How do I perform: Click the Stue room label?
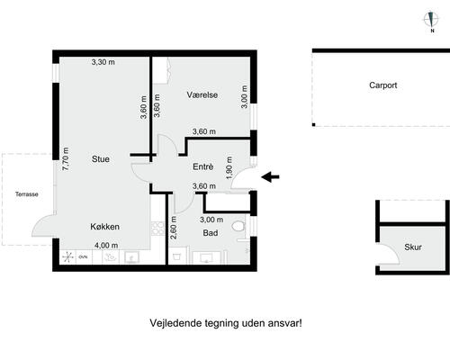(101, 159)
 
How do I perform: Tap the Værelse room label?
(202, 94)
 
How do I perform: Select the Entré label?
(203, 166)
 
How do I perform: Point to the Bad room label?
(211, 233)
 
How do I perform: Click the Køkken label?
(105, 227)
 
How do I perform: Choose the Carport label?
(383, 85)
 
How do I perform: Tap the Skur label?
(413, 247)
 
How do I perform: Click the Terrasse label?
(27, 194)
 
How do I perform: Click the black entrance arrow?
(270, 177)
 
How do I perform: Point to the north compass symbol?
(431, 21)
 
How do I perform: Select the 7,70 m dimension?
(66, 159)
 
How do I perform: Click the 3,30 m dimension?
(103, 62)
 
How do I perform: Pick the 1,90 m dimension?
(229, 168)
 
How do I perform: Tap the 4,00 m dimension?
(106, 246)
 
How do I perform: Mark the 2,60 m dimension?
(173, 228)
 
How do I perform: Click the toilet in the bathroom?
(239, 226)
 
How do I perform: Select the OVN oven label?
(83, 257)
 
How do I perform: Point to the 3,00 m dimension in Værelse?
(244, 96)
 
